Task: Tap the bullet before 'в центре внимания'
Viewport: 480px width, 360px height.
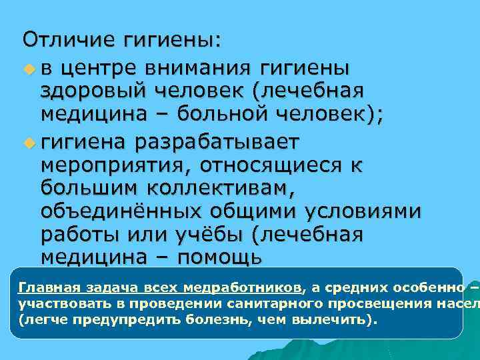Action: pyautogui.click(x=28, y=69)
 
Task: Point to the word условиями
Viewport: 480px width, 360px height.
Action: pyautogui.click(x=363, y=211)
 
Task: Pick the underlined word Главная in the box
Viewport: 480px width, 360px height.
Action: pyautogui.click(x=47, y=288)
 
